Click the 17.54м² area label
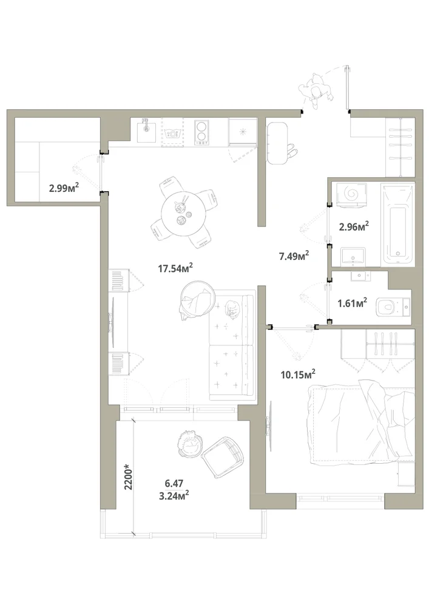[x=175, y=268]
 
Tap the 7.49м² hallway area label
[x=294, y=256]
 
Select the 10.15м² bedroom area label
[x=298, y=375]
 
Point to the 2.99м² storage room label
[x=64, y=188]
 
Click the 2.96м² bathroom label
[x=354, y=226]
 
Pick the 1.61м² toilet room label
[x=352, y=303]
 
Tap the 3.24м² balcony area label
[x=174, y=495]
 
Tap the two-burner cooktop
[x=201, y=132]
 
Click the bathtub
[x=397, y=225]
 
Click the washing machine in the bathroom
[x=352, y=194]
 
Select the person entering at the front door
[x=316, y=91]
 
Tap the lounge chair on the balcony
[x=223, y=457]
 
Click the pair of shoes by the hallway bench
[x=291, y=150]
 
